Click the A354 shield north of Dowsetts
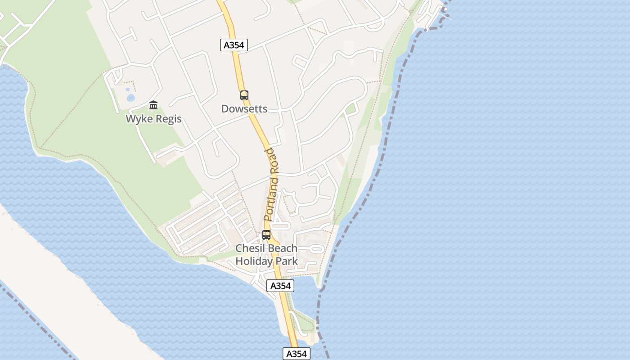point(234,45)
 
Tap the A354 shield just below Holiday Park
point(280,286)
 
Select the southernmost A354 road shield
point(297,354)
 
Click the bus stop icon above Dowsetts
point(244,95)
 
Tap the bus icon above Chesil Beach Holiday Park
point(266,235)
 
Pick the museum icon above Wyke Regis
point(153,105)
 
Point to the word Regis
point(168,119)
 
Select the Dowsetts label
point(244,109)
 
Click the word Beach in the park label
point(283,248)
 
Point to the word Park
point(288,261)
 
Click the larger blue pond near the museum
point(131,98)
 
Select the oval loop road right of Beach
point(317,248)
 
